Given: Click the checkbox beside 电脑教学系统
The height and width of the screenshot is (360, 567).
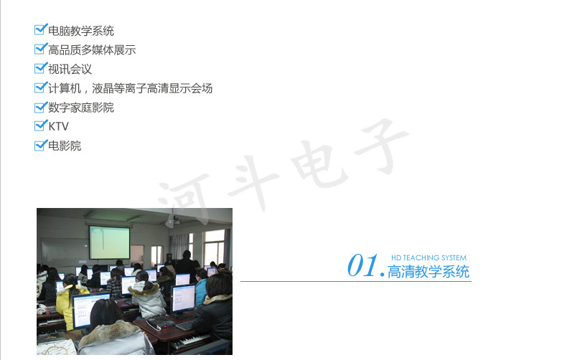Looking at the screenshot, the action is click(x=40, y=29).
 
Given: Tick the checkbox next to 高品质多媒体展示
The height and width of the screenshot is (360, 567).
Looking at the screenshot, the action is click(x=40, y=49).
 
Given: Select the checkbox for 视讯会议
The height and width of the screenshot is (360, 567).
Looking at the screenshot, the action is click(x=40, y=68).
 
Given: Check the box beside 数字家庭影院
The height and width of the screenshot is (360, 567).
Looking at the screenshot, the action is click(x=40, y=107).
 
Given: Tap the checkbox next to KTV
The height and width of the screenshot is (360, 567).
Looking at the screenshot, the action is click(x=40, y=125).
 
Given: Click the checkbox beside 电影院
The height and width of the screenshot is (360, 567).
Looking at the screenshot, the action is click(x=40, y=146).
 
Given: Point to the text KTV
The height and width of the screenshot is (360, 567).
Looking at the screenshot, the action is click(x=59, y=126).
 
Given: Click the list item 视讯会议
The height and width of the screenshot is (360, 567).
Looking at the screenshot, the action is click(x=70, y=69).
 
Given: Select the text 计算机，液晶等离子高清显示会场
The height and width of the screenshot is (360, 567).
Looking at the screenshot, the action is click(x=130, y=88).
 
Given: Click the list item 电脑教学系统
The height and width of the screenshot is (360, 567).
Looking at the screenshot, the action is click(x=81, y=31).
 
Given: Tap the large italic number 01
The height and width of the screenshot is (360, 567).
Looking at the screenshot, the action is click(x=362, y=265).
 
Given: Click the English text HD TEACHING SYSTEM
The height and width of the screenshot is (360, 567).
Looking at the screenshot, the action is click(x=429, y=257).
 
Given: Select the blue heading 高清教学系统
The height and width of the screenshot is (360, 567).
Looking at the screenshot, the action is click(x=428, y=272).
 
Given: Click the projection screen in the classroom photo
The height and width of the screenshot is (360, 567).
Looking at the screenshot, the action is click(x=110, y=242).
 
